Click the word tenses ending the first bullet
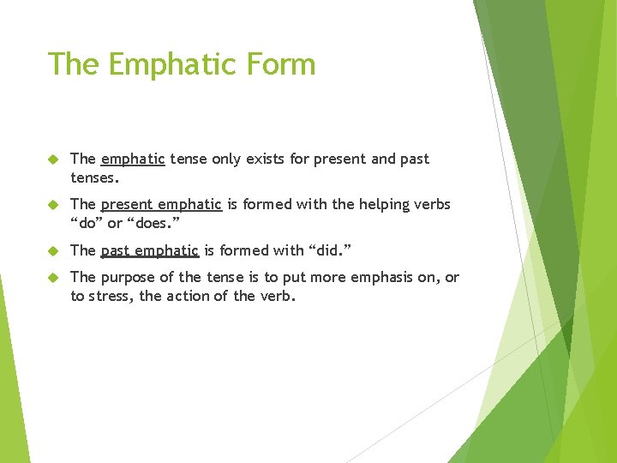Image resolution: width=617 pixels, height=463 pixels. [x=95, y=179]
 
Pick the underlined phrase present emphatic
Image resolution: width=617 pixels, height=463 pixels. [x=161, y=204]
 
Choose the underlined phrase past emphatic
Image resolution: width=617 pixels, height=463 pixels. [x=150, y=250]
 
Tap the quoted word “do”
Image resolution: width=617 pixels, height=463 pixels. [x=86, y=225]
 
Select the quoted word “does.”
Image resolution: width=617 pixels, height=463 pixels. [x=153, y=225]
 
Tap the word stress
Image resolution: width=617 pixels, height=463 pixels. [x=113, y=298]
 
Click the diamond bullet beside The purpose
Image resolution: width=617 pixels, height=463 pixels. [x=51, y=277]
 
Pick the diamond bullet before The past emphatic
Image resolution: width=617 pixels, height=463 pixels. [x=51, y=250]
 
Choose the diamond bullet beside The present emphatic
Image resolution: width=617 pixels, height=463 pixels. [x=51, y=204]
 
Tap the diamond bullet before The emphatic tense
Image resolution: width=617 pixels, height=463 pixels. [x=51, y=159]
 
